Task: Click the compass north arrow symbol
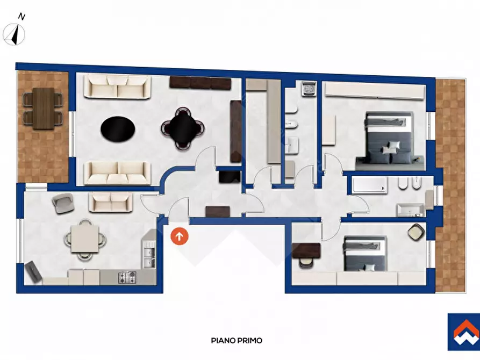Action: pyautogui.click(x=14, y=34)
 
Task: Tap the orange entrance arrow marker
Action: pyautogui.click(x=180, y=236)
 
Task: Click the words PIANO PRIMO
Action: pyautogui.click(x=237, y=341)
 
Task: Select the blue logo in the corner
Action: pyautogui.click(x=464, y=332)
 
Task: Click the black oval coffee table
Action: pyautogui.click(x=118, y=129)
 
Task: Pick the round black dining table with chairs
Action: pyautogui.click(x=183, y=128)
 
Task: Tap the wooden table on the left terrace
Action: pyautogui.click(x=43, y=109)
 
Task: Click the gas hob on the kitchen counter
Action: pyautogui.click(x=127, y=277)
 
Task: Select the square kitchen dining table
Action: pyautogui.click(x=85, y=239)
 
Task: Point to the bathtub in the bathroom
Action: pyautogui.click(x=370, y=185)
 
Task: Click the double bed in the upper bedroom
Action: pyautogui.click(x=389, y=140)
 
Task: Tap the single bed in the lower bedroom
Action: pyautogui.click(x=365, y=254)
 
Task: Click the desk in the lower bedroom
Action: pyautogui.click(x=306, y=250)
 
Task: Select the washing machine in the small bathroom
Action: pyautogui.click(x=309, y=89)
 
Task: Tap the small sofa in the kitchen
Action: pyautogui.click(x=111, y=202)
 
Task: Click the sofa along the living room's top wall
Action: pyautogui.click(x=118, y=87)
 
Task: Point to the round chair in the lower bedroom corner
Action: pyautogui.click(x=416, y=232)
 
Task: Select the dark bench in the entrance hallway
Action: pyautogui.click(x=218, y=212)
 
